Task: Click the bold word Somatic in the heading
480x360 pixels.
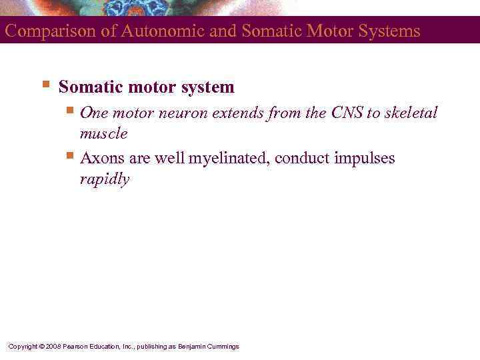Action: [x=87, y=87]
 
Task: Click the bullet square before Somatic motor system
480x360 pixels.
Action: [x=45, y=85]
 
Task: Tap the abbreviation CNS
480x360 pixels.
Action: [x=346, y=113]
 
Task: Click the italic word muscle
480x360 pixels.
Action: [x=103, y=134]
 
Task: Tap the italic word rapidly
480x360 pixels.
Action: [x=104, y=180]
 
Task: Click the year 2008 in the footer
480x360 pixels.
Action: [x=55, y=347]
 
